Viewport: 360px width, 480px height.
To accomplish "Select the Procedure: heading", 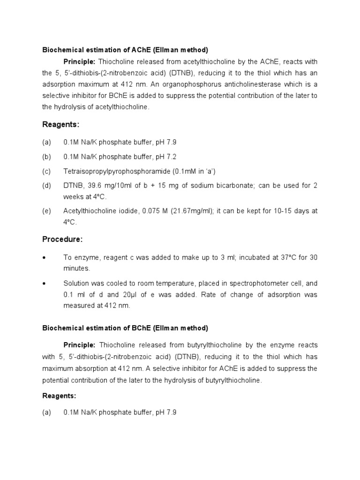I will (62, 240).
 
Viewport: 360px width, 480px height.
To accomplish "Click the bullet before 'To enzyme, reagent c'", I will (44, 258).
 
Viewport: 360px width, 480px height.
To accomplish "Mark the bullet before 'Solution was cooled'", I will (44, 284).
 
